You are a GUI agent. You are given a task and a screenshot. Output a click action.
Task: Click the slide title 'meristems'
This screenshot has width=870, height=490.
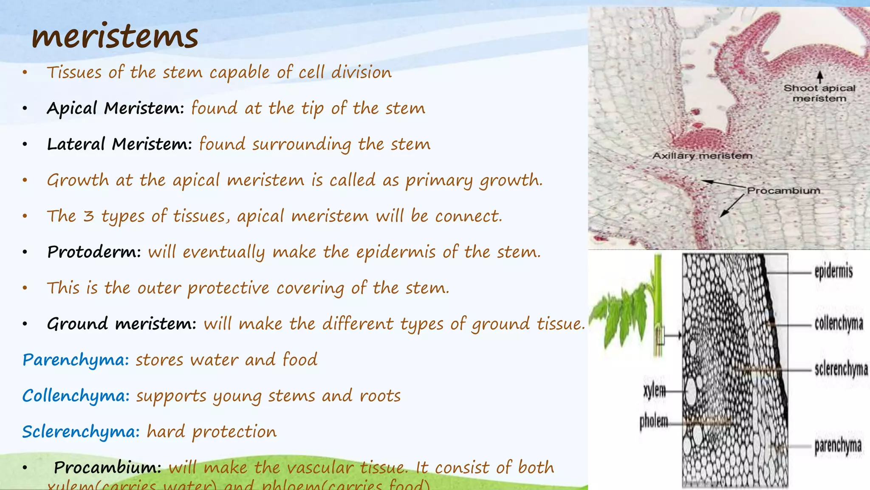tap(115, 36)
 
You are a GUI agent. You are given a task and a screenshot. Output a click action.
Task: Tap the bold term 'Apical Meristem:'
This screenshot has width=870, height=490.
tap(115, 108)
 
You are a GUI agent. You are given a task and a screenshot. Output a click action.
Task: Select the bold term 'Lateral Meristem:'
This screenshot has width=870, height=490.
tap(119, 144)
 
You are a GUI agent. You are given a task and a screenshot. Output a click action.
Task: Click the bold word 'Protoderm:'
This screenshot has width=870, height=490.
tap(94, 252)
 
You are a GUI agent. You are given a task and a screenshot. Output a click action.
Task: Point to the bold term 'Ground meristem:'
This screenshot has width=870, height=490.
tap(121, 324)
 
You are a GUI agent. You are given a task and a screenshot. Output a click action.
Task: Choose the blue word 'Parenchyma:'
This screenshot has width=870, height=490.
tap(76, 360)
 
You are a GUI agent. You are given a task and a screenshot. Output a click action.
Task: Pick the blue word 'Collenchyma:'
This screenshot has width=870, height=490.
tap(76, 396)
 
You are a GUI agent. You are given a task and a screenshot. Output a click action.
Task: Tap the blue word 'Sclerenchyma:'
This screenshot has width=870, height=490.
tap(81, 432)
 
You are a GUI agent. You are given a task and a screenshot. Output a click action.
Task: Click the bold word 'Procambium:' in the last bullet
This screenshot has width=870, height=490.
tap(107, 468)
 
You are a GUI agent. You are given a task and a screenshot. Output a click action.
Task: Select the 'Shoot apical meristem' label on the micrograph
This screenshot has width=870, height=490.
tap(819, 93)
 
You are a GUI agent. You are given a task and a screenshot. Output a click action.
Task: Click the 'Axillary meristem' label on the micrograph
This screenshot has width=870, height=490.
tap(702, 156)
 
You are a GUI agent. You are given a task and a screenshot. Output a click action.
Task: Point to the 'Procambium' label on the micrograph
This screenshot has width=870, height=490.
tap(784, 191)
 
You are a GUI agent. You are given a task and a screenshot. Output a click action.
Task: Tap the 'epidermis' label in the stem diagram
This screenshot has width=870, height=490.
tap(833, 271)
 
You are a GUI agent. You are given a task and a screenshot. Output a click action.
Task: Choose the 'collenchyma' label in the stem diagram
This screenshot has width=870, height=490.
tap(839, 324)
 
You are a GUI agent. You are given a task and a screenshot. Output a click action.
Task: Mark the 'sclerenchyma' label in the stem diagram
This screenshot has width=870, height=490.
tap(841, 369)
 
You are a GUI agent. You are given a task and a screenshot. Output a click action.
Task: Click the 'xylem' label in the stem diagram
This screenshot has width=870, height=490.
tap(654, 390)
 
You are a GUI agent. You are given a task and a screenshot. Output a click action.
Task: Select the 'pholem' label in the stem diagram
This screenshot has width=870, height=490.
tap(654, 422)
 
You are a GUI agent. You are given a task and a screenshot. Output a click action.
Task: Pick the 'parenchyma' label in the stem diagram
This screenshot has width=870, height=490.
tap(838, 446)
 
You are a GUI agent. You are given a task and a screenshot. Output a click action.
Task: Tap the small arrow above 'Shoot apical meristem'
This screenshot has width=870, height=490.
tap(820, 77)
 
